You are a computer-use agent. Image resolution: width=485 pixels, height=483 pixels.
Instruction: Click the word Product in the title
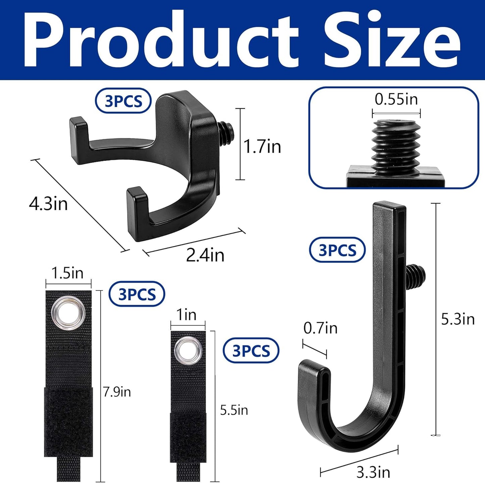(161, 40)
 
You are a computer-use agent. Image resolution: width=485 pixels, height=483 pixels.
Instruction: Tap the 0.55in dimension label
(396, 100)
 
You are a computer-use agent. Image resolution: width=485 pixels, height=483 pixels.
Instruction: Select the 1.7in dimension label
(262, 147)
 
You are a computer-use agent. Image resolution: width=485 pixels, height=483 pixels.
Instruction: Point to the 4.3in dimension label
(48, 204)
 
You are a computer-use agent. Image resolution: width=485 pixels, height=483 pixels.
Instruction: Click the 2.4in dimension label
(205, 255)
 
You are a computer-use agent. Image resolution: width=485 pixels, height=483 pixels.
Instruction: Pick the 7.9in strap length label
(117, 392)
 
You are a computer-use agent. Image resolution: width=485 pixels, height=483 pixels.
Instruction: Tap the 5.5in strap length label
(234, 410)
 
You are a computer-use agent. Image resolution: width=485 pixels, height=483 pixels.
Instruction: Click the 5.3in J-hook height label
(458, 319)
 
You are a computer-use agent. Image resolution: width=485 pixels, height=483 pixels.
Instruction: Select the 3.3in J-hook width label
(373, 473)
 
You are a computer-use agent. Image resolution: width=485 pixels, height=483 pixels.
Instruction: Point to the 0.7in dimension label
(320, 328)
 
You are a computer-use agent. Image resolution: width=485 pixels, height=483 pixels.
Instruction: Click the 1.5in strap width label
(67, 273)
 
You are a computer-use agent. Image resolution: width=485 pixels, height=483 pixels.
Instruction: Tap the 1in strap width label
(186, 315)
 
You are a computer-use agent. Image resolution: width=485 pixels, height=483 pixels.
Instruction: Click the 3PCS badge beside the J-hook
(337, 250)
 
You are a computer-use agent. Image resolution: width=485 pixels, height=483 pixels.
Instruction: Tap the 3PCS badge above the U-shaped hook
(123, 101)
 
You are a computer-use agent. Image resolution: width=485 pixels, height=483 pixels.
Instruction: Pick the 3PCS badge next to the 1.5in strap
(137, 294)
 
